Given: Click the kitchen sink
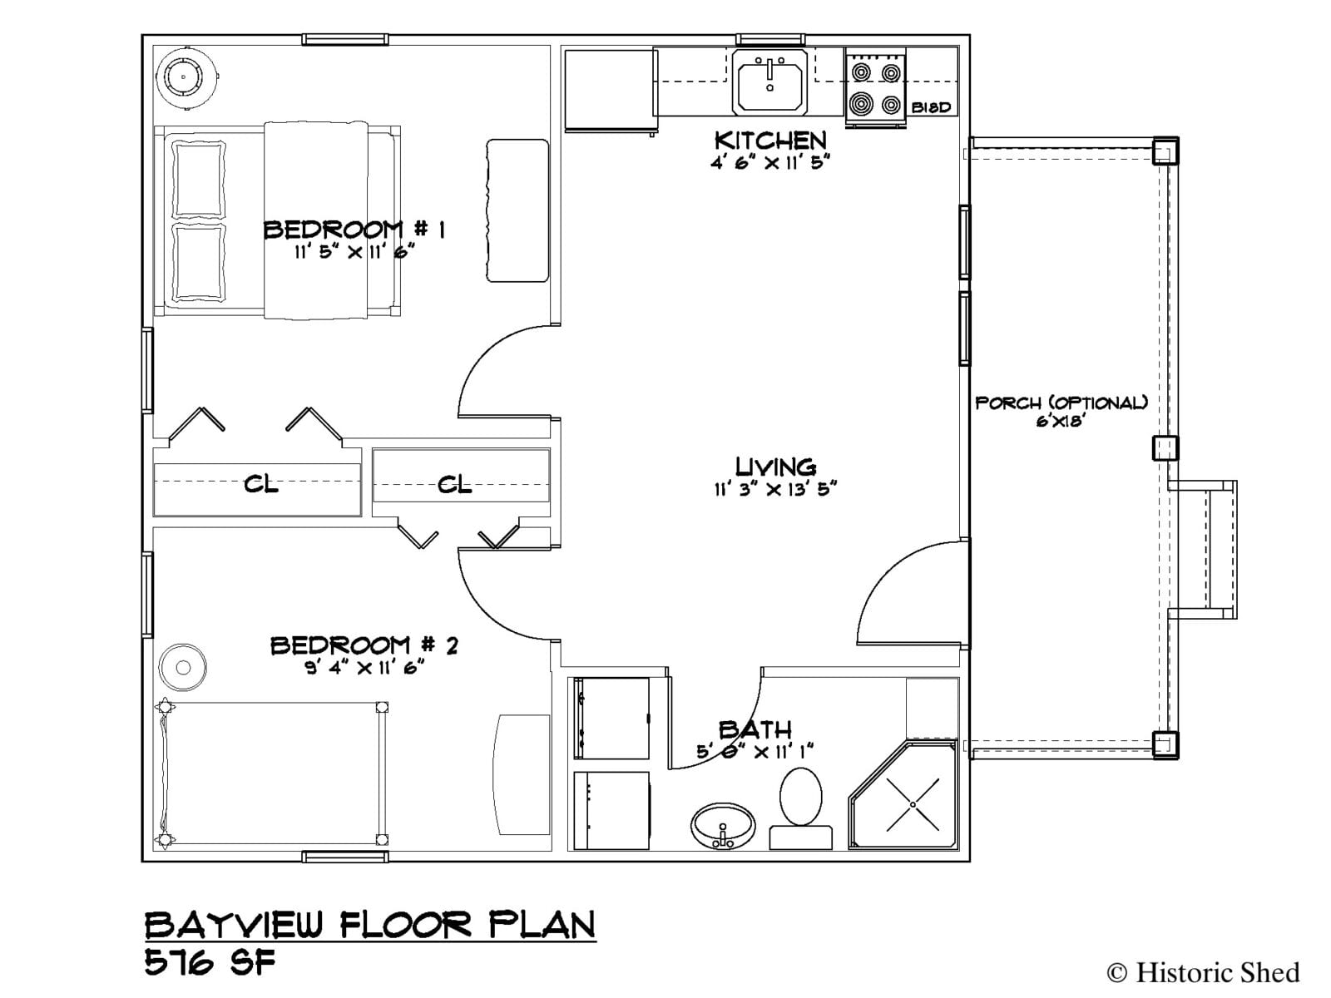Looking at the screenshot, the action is [769, 82].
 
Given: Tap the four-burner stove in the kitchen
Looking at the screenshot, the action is [876, 88].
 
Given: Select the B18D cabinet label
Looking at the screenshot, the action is [931, 108].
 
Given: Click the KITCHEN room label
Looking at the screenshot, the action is [770, 140].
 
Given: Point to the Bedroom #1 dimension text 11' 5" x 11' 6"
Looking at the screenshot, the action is [354, 251].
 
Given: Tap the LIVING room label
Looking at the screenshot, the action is [775, 467].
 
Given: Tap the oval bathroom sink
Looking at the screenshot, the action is [723, 826].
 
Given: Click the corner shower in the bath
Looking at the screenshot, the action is [903, 793].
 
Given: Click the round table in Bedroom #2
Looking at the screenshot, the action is [182, 668].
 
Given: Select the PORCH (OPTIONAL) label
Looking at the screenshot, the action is [1061, 403].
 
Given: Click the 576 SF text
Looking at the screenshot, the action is [210, 961].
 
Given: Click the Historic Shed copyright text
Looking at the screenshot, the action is [1203, 972].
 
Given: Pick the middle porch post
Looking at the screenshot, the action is [1165, 448].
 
